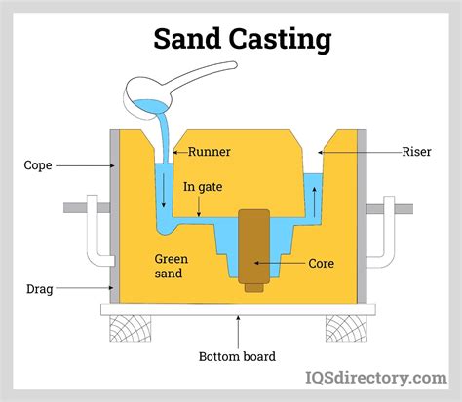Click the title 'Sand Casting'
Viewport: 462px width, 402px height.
(x=242, y=39)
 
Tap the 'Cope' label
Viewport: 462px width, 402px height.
(x=38, y=165)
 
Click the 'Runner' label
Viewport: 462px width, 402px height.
(x=209, y=152)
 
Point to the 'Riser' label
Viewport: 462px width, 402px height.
(x=416, y=152)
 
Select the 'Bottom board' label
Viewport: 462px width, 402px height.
(x=238, y=356)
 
